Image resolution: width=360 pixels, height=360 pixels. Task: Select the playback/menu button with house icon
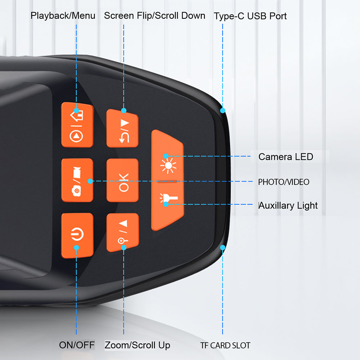pyautogui.click(x=77, y=125)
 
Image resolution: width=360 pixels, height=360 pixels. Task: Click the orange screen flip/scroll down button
pyautogui.click(x=122, y=129)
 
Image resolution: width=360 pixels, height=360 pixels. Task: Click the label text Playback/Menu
pyautogui.click(x=63, y=15)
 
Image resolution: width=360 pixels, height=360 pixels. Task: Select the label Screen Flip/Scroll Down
pyautogui.click(x=155, y=15)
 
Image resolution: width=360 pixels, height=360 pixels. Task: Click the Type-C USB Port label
pyautogui.click(x=250, y=16)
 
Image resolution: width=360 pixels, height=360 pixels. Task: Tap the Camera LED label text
pyautogui.click(x=286, y=157)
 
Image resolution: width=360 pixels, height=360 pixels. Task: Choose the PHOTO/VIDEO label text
pyautogui.click(x=284, y=182)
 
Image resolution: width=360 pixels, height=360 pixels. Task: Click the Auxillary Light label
pyautogui.click(x=288, y=206)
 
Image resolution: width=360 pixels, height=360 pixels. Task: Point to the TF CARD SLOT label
pyautogui.click(x=225, y=346)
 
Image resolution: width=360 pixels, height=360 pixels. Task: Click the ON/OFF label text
pyautogui.click(x=77, y=345)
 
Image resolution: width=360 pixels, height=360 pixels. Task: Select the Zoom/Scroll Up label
pyautogui.click(x=137, y=345)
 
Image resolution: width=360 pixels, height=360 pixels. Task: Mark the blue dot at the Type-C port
pyautogui.click(x=223, y=110)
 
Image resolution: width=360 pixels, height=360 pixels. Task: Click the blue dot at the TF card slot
pyautogui.click(x=222, y=247)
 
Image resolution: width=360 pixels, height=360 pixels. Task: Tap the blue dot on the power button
pyautogui.click(x=76, y=247)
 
